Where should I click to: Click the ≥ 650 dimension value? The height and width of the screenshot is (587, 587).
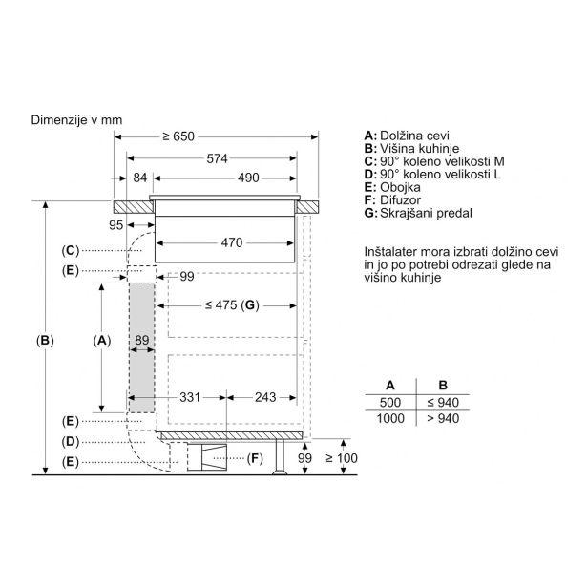coord(178,136)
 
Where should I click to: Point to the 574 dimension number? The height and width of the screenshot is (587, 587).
coord(217,158)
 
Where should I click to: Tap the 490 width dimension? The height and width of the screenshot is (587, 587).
coord(248,178)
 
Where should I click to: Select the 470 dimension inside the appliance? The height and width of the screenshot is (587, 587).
coord(232,242)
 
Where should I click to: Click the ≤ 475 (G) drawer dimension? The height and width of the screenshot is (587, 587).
coord(232,305)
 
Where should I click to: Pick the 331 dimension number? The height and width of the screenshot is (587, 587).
coord(190,397)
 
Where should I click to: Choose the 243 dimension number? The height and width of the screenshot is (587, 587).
coord(265,397)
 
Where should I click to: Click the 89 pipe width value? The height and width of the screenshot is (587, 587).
coord(142,340)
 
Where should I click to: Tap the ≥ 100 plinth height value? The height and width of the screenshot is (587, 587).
coord(342,458)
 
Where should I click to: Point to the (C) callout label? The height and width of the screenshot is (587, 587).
coord(71,250)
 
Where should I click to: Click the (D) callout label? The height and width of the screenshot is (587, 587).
coord(71,442)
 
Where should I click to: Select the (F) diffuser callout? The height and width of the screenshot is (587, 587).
coord(255,458)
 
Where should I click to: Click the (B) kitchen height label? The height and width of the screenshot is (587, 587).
coord(45,341)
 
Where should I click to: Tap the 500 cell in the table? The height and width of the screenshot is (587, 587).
coord(390,403)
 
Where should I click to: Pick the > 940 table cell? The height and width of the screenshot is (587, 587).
coord(443,418)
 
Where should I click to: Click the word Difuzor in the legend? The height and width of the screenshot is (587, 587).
coord(400,199)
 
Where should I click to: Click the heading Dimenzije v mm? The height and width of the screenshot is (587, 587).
coord(76,120)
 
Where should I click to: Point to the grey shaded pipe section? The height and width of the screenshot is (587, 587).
coord(142,347)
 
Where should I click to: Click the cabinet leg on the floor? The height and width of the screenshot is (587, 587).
coord(280,457)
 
